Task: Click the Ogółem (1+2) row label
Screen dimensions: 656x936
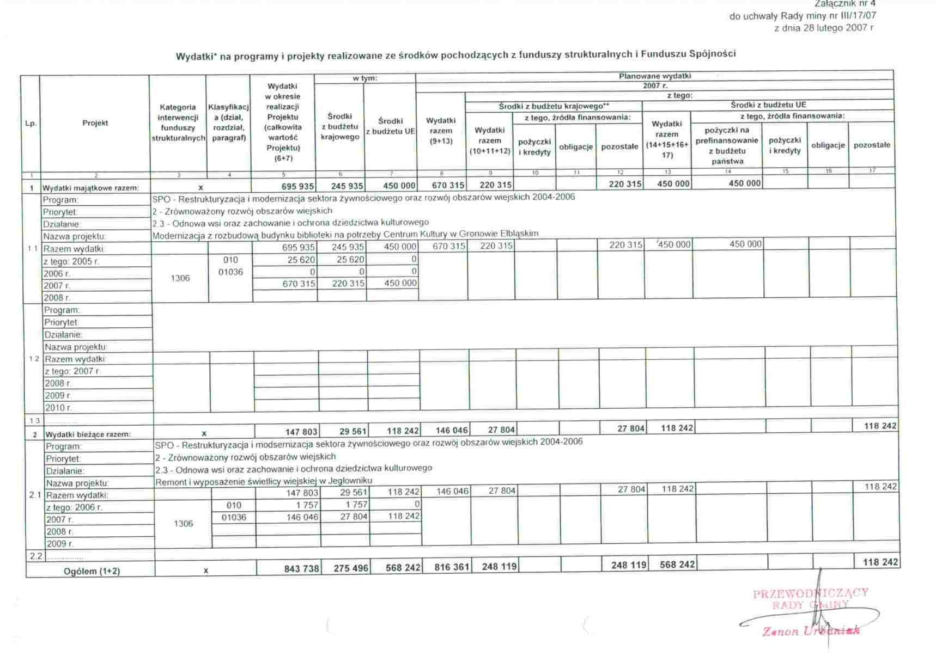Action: click(92, 571)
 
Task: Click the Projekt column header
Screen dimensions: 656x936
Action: click(95, 123)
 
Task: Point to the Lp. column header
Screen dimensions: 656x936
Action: click(31, 124)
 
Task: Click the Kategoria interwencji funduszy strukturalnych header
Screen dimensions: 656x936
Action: click(178, 122)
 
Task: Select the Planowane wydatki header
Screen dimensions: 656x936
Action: click(654, 76)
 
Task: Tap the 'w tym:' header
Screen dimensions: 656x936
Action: click(365, 78)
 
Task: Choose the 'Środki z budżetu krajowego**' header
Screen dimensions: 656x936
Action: click(554, 106)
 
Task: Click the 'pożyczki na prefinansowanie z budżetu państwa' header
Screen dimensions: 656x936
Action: click(727, 145)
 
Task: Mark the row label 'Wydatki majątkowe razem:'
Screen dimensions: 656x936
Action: click(91, 188)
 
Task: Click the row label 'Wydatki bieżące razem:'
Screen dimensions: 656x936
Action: click(88, 434)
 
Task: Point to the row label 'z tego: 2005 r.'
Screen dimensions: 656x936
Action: click(71, 261)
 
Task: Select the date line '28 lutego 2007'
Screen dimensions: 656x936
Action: click(824, 28)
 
